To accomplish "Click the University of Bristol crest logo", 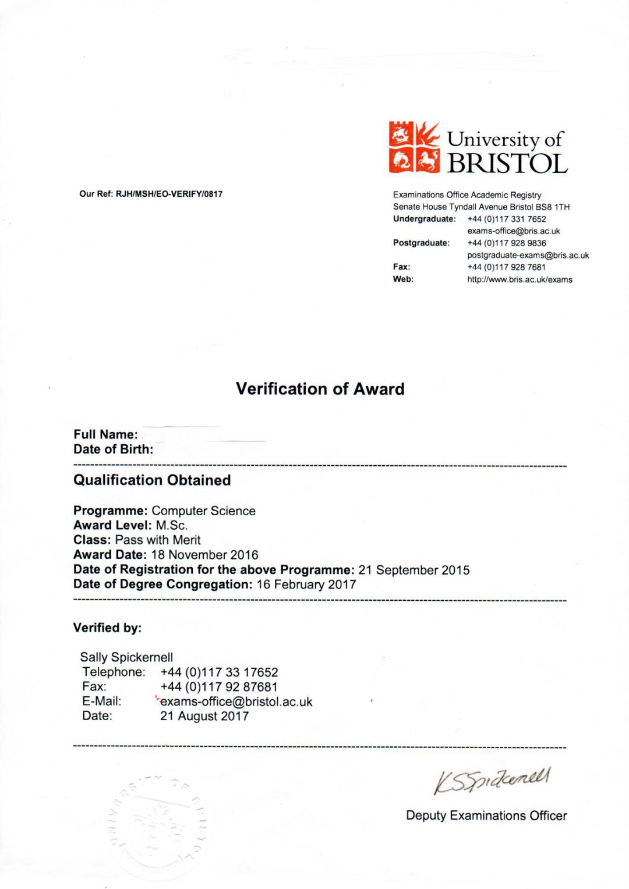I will pyautogui.click(x=414, y=147).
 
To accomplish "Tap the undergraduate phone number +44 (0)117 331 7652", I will pyautogui.click(x=507, y=219).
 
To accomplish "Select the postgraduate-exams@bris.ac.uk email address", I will pyautogui.click(x=528, y=255).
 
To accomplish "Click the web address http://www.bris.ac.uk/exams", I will pyautogui.click(x=520, y=279).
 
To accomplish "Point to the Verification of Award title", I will pyautogui.click(x=320, y=389).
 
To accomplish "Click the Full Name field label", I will pyautogui.click(x=105, y=434).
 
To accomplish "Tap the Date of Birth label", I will pyautogui.click(x=113, y=449).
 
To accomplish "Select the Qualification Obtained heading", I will pyautogui.click(x=152, y=480).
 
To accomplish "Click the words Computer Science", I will pyautogui.click(x=203, y=511).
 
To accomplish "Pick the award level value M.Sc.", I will pyautogui.click(x=171, y=525).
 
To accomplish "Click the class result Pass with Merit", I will pyautogui.click(x=158, y=540).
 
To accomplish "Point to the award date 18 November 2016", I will pyautogui.click(x=204, y=555).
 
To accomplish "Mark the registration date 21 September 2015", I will pyautogui.click(x=414, y=570).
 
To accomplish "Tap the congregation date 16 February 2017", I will pyautogui.click(x=306, y=585).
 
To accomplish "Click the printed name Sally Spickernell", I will pyautogui.click(x=126, y=657).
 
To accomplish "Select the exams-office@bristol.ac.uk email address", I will pyautogui.click(x=236, y=702).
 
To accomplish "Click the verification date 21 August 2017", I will pyautogui.click(x=204, y=716).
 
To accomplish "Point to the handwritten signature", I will pyautogui.click(x=492, y=780).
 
